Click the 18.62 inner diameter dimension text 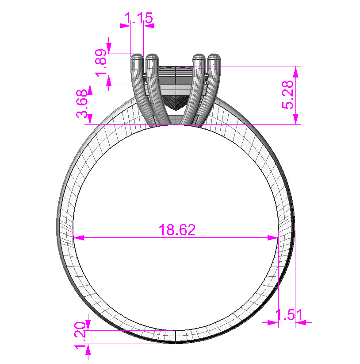pyautogui.click(x=177, y=230)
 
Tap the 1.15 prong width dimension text pyautogui.click(x=139, y=19)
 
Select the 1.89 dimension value pyautogui.click(x=100, y=62)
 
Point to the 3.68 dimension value pyautogui.click(x=82, y=108)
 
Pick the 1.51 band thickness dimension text pyautogui.click(x=289, y=315)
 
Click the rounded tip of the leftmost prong pyautogui.click(x=137, y=57)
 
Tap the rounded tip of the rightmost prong pyautogui.click(x=214, y=57)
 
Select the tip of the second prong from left pyautogui.click(x=152, y=57)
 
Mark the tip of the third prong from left pyautogui.click(x=199, y=57)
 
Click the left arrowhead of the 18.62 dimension pyautogui.click(x=78, y=238)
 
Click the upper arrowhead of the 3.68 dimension pyautogui.click(x=89, y=89)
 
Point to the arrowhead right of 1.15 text pyautogui.click(x=149, y=26)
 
